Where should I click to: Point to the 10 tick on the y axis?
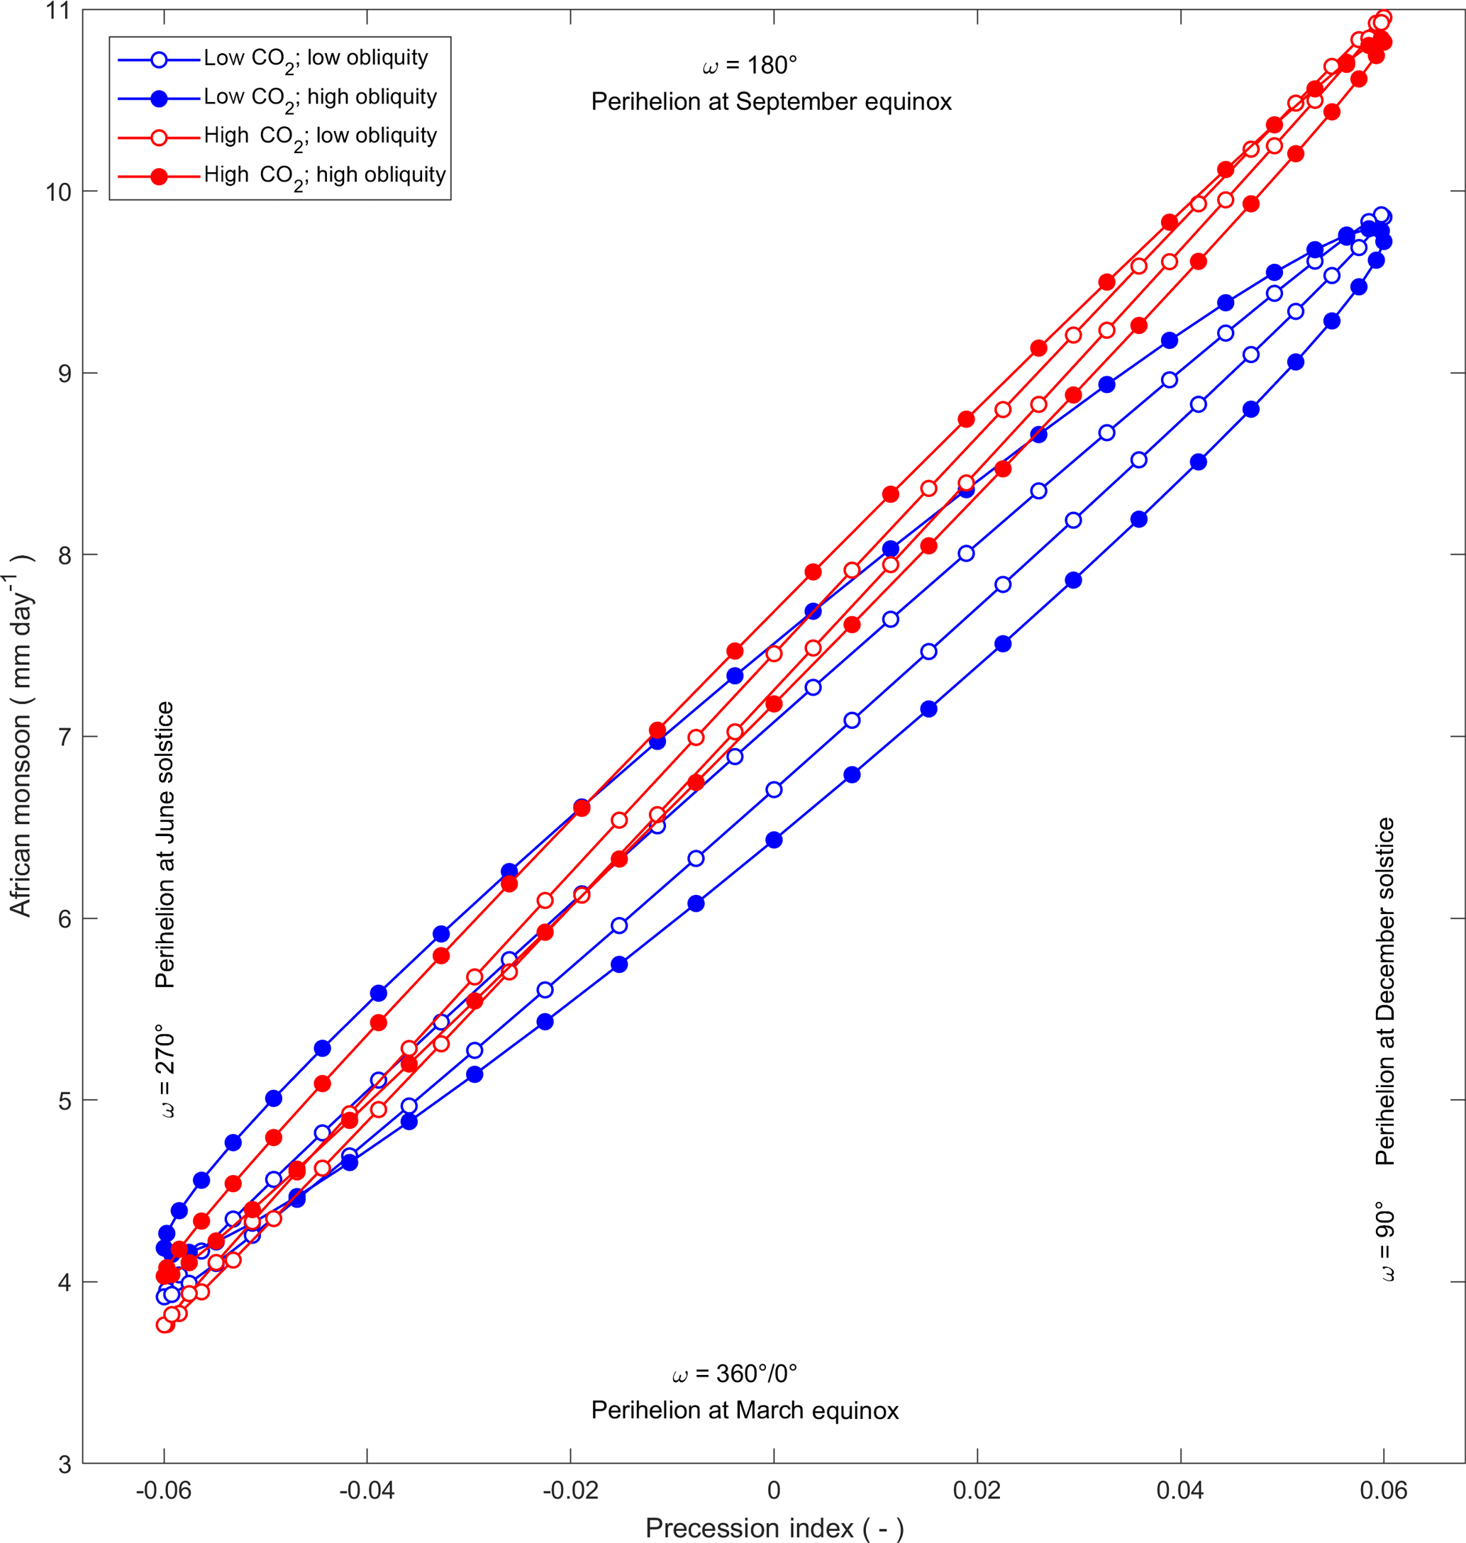click(58, 192)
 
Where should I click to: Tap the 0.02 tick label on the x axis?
click(977, 1491)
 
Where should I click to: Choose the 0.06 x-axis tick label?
click(1383, 1491)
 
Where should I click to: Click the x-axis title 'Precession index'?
click(774, 1527)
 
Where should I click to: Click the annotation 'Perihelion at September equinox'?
click(771, 102)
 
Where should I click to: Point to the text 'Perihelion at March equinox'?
click(745, 1410)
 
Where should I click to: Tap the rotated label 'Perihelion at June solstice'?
click(165, 845)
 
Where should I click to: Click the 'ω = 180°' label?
click(750, 66)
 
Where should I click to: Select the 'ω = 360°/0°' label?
click(735, 1374)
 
